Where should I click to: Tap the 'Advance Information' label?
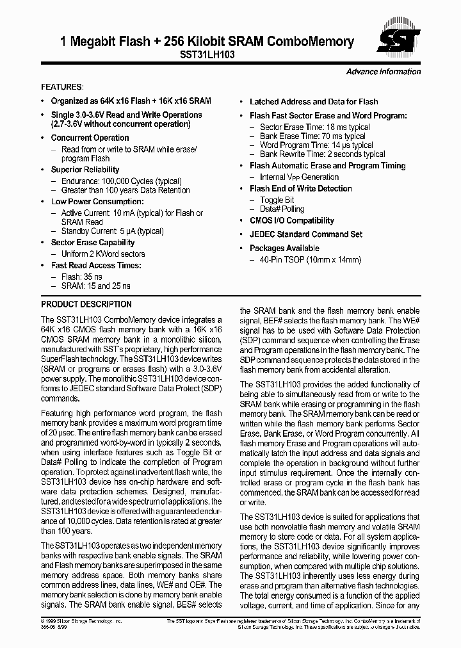[383, 72]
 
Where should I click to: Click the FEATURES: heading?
[62, 86]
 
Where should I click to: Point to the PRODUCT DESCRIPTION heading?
[86, 304]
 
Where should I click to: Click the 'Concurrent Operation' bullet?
[90, 138]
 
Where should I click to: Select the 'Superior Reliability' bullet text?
[85, 170]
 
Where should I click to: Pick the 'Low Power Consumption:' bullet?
[93, 202]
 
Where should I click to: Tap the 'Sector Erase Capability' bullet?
[93, 243]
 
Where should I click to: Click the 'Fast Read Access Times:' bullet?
[96, 265]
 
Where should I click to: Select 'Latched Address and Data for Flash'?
[314, 102]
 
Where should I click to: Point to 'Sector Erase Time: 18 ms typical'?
[315, 127]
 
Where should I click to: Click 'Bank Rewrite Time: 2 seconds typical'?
[323, 154]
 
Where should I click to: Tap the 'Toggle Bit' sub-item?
[277, 200]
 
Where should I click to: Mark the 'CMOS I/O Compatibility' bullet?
[292, 220]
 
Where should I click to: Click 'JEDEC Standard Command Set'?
[306, 234]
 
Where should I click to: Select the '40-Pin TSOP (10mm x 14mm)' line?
[311, 259]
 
